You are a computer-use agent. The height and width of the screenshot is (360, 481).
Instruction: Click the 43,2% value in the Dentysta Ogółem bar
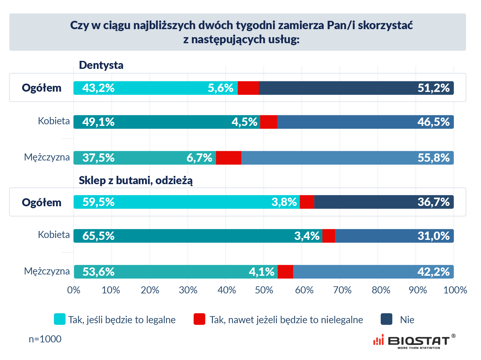tap(98, 88)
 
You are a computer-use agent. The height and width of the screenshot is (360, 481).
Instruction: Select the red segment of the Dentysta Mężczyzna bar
tap(228, 158)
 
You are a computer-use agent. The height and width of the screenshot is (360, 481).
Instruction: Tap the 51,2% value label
tap(433, 88)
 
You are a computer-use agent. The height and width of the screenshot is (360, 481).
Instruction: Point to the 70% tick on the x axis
tap(342, 290)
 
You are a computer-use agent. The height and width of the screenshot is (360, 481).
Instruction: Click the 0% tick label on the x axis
tap(74, 290)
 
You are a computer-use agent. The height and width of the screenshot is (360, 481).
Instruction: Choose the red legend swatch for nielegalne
tap(199, 319)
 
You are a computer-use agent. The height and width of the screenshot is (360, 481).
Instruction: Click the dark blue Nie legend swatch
tap(386, 319)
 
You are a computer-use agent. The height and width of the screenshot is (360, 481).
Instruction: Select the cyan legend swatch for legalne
tap(60, 319)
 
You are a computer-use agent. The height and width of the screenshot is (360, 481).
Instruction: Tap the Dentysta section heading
tap(101, 65)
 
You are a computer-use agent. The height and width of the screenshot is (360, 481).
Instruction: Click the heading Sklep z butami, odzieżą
tap(136, 181)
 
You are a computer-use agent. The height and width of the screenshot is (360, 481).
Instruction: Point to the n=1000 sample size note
tap(45, 339)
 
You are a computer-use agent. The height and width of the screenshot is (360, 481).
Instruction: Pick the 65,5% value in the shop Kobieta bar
tap(98, 236)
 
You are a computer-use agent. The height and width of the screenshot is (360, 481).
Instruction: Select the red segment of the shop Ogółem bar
tap(307, 202)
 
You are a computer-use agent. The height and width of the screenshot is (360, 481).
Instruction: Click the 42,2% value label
tap(433, 272)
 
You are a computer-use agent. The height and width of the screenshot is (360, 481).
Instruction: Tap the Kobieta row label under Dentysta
tap(54, 121)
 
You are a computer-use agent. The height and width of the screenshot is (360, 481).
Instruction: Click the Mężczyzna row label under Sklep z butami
tap(47, 271)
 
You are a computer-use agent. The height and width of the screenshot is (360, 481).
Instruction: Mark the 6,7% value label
tap(199, 158)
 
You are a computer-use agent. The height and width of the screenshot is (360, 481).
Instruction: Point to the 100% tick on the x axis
tap(455, 290)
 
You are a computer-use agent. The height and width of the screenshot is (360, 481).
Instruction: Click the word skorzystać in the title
tap(385, 25)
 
